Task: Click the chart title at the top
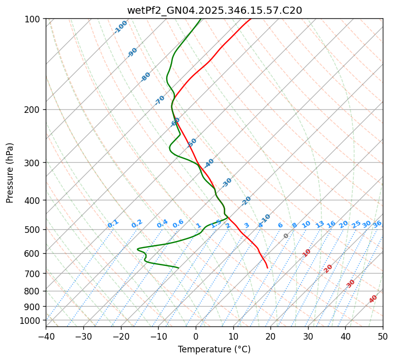[214, 10]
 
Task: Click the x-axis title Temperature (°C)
[214, 350]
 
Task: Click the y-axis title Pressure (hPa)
[10, 173]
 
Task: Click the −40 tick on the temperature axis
[46, 337]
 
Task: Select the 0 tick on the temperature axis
[196, 337]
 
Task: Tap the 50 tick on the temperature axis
[383, 337]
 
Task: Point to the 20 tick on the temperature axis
[270, 337]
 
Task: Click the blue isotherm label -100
[120, 27]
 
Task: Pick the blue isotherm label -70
[160, 100]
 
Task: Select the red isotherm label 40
[373, 299]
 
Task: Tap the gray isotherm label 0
[286, 236]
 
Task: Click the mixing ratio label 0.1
[113, 224]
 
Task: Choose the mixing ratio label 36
[377, 224]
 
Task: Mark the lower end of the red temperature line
[267, 268]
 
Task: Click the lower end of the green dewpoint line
[178, 267]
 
